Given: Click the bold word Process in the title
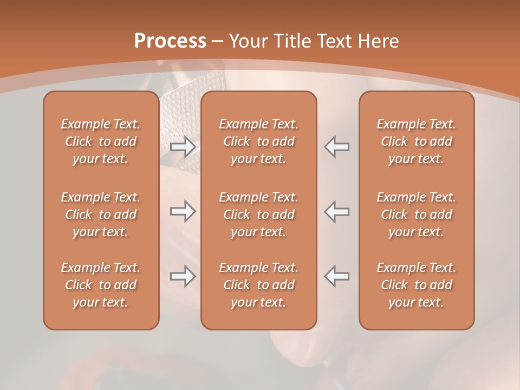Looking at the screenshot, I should pyautogui.click(x=170, y=41).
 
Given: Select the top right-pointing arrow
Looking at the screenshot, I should pyautogui.click(x=183, y=147).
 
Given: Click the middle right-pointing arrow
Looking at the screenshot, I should pyautogui.click(x=183, y=211).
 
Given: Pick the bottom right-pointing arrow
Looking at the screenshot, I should pyautogui.click(x=183, y=276).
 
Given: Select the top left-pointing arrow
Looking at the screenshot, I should pyautogui.click(x=337, y=147).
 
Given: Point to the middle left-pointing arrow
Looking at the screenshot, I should pyautogui.click(x=337, y=211).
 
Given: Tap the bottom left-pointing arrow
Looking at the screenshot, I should pyautogui.click(x=337, y=276).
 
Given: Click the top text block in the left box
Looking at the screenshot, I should pyautogui.click(x=101, y=141).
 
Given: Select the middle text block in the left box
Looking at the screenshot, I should pyautogui.click(x=101, y=214).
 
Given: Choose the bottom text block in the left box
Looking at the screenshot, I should pyautogui.click(x=101, y=285).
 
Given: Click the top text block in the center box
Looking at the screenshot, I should pyautogui.click(x=258, y=141).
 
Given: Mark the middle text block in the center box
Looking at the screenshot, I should pyautogui.click(x=258, y=214).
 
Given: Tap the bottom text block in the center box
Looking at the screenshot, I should pyautogui.click(x=258, y=285).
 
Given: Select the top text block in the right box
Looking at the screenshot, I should pyautogui.click(x=416, y=141).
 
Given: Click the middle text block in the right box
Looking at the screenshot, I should pyautogui.click(x=416, y=214).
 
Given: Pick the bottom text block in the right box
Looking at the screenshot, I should pyautogui.click(x=416, y=285).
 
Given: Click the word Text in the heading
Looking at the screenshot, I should pyautogui.click(x=335, y=41).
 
